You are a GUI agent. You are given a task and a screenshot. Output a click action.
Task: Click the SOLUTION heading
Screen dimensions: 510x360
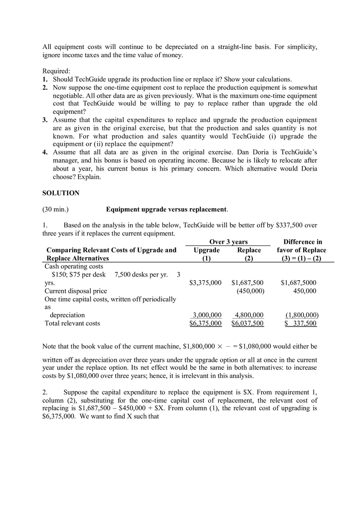[61, 193]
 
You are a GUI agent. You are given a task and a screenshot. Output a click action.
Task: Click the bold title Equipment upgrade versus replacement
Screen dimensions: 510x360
[167, 209]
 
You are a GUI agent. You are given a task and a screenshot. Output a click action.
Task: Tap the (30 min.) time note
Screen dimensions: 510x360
[56, 209]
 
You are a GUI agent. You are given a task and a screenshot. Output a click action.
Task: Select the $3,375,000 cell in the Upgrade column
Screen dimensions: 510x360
[205, 283]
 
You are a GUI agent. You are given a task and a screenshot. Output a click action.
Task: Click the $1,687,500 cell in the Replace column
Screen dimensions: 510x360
[248, 283]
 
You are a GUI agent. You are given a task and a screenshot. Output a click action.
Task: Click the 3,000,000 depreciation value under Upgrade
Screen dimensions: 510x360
[207, 315]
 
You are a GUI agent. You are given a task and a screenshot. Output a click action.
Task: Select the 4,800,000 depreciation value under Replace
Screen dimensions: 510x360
[249, 315]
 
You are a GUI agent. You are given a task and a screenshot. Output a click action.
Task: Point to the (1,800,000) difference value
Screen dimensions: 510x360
[302, 315]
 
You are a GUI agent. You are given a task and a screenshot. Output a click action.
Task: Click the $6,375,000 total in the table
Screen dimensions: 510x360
[205, 323]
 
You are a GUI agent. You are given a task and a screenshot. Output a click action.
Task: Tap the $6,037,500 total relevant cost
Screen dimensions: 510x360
[248, 323]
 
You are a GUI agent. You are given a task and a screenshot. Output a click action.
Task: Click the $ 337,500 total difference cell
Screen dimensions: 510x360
[301, 323]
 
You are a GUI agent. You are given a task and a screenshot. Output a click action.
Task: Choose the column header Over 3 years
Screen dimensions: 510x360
[228, 242]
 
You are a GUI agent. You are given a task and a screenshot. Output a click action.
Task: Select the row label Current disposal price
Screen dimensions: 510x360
[76, 291]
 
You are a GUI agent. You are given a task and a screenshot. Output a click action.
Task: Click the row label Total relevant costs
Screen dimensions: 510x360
[72, 323]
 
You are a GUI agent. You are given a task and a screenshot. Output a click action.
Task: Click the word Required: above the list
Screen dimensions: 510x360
[56, 71]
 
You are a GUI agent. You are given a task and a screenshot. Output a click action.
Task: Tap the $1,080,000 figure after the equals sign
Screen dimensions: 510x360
[255, 346]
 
